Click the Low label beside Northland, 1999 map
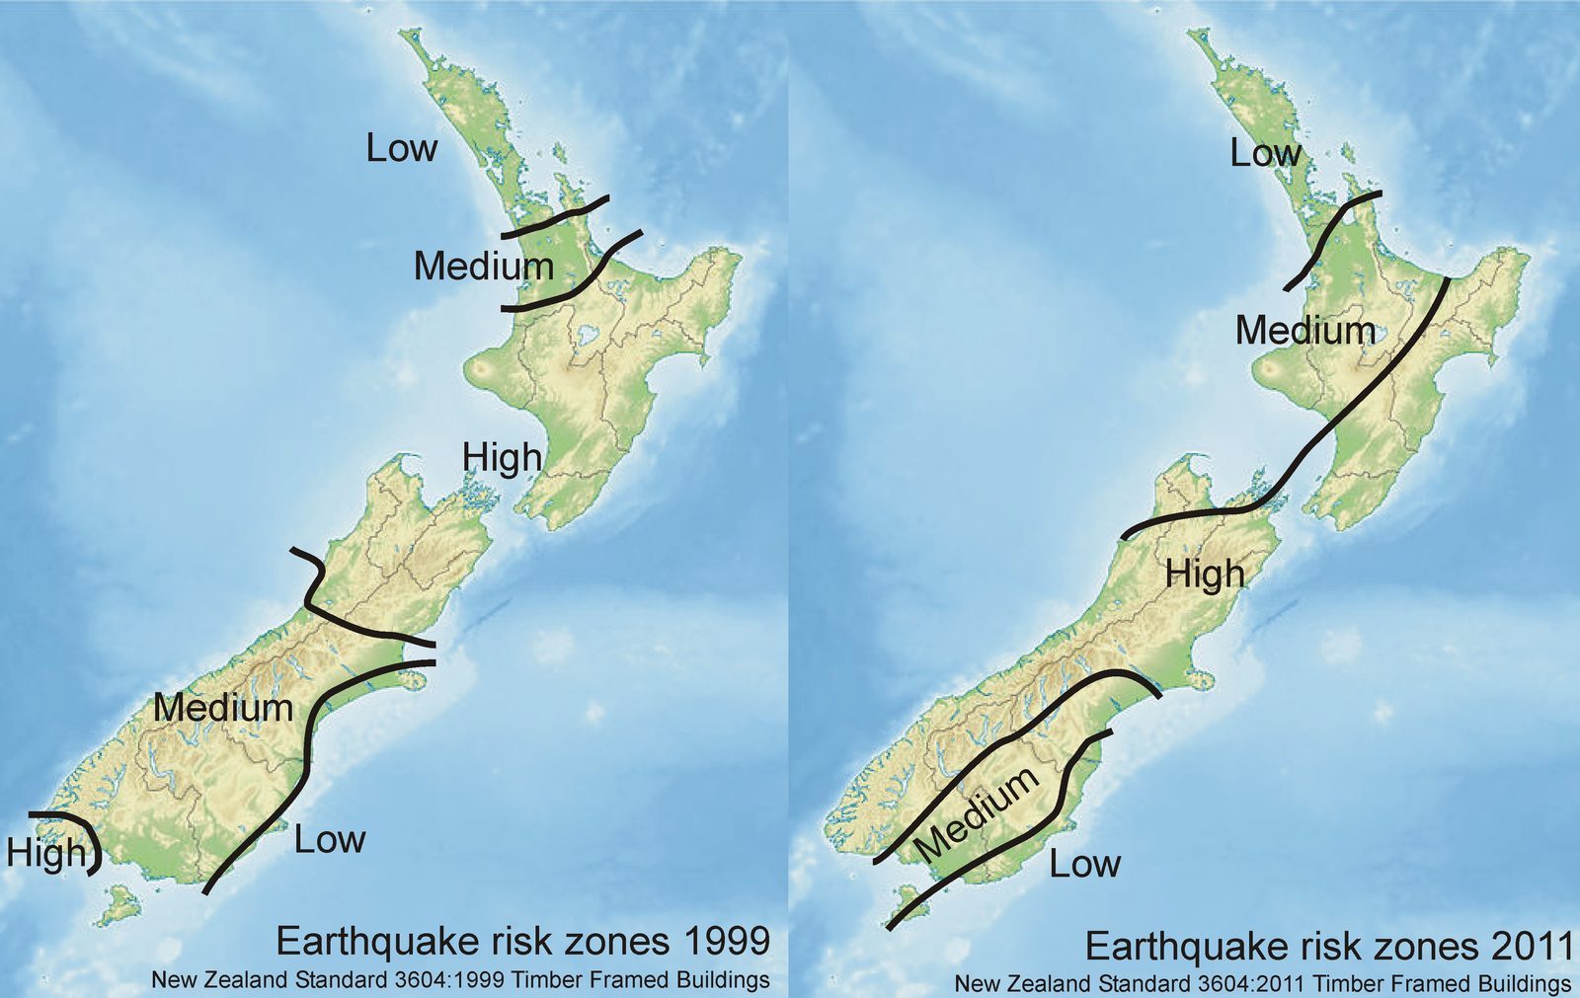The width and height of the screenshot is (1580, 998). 401,148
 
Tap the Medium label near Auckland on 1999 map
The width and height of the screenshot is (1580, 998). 483,266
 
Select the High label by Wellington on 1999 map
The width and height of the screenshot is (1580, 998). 503,457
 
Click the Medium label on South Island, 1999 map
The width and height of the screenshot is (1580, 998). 223,708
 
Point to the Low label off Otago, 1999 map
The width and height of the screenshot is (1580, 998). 330,840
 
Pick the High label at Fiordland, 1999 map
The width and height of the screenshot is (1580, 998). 45,852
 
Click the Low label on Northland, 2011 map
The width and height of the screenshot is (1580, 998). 1265,153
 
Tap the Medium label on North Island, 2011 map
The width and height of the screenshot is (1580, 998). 1304,330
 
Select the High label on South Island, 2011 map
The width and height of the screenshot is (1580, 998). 1205,574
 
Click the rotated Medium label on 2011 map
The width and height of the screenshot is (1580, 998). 975,811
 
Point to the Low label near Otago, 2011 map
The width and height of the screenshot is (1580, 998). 1084,864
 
